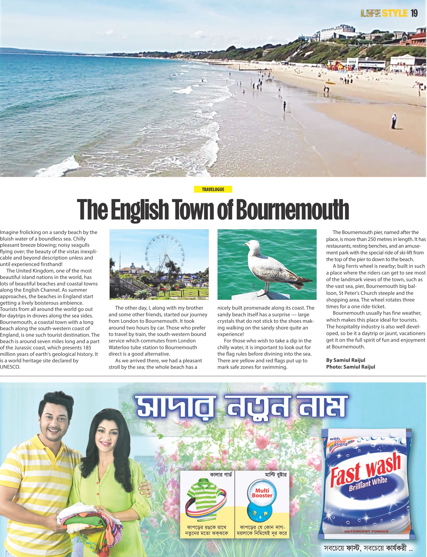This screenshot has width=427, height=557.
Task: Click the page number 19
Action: [414, 13]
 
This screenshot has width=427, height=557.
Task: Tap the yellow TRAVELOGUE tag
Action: [213, 189]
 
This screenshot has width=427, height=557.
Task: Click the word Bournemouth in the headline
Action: [292, 210]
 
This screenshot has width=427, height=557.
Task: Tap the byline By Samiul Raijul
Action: [346, 360]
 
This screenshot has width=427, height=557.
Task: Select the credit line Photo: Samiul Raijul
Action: [350, 367]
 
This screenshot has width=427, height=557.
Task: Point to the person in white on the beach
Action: [394, 121]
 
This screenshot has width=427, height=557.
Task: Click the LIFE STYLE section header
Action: [384, 13]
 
